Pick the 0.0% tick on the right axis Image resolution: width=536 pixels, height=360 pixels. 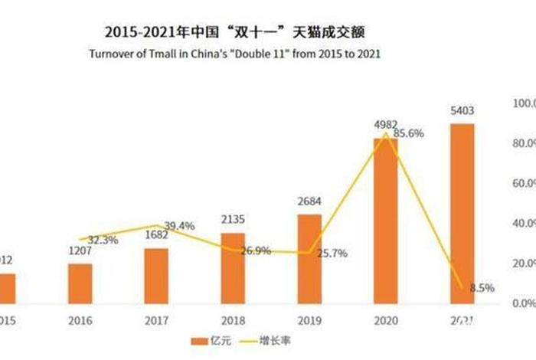(x=508, y=303)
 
